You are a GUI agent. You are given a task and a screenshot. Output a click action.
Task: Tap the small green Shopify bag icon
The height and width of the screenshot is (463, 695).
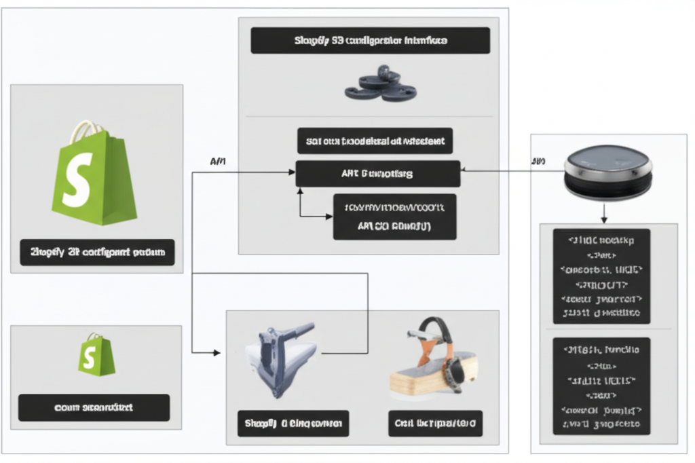(x=96, y=354)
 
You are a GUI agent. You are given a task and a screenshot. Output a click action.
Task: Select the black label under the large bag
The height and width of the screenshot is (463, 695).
(x=97, y=252)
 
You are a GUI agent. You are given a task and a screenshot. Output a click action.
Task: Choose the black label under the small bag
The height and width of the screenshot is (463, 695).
(x=94, y=407)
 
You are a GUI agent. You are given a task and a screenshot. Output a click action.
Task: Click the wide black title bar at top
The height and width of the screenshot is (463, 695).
(x=370, y=41)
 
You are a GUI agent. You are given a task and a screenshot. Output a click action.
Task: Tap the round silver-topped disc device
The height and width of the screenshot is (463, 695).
(x=608, y=172)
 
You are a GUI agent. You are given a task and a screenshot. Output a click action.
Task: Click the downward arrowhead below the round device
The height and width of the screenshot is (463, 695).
(x=604, y=219)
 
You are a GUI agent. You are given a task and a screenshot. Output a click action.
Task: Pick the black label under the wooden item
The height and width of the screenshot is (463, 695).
(x=435, y=424)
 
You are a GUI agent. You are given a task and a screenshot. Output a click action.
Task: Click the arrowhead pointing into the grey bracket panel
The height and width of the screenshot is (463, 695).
(x=217, y=352)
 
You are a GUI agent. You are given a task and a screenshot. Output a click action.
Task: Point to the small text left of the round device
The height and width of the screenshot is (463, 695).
(x=538, y=161)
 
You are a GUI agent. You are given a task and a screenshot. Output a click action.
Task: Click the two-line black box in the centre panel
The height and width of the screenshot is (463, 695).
(x=394, y=217)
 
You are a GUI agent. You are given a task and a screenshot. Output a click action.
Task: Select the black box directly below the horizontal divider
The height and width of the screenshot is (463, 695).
(x=375, y=141)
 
